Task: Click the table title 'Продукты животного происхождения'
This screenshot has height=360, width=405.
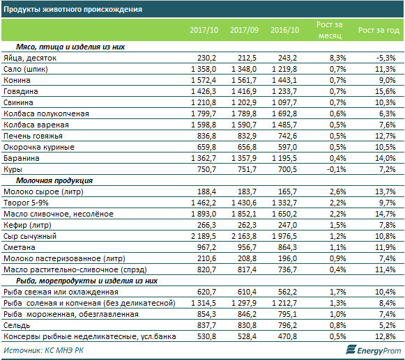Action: click(72, 9)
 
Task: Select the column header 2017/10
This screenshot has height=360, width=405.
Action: click(204, 30)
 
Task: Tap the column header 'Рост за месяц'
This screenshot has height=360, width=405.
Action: click(330, 30)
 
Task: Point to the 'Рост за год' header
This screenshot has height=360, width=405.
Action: click(379, 30)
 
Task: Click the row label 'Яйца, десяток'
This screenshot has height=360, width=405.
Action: click(30, 58)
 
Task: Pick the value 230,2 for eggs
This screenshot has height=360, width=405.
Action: click(206, 58)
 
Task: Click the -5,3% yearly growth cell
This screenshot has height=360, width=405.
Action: click(386, 58)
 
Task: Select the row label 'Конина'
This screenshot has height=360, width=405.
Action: click(17, 80)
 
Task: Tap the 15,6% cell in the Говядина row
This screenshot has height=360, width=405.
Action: click(385, 91)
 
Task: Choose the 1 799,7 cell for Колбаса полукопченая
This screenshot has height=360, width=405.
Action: click(204, 114)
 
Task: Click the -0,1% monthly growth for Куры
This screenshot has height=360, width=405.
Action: click(336, 169)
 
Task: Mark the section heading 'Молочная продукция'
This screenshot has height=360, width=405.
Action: click(54, 180)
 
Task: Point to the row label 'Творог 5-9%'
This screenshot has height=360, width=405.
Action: click(26, 203)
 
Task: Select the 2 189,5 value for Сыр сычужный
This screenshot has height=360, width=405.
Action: click(204, 236)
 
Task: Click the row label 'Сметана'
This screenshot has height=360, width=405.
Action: click(19, 247)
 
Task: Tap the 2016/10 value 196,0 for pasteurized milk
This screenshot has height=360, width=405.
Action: click(287, 258)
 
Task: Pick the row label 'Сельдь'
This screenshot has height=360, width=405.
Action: click(17, 326)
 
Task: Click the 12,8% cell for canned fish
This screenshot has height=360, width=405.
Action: click(385, 336)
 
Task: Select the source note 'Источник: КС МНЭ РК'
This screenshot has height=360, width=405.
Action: click(43, 350)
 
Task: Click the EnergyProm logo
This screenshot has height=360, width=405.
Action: click(373, 350)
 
